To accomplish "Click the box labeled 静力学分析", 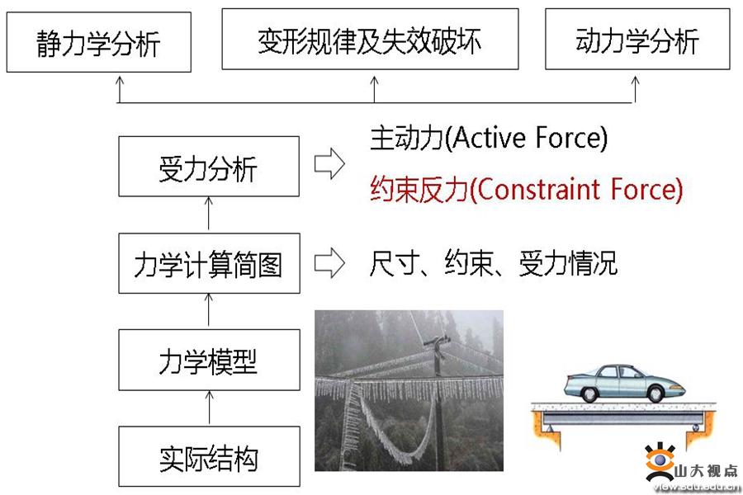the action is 98,42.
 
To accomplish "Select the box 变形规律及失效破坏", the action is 370,40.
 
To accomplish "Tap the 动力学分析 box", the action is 637,40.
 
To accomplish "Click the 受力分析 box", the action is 209,167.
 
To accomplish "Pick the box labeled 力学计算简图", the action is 209,263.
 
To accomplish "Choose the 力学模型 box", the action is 209,360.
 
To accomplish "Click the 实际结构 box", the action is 209,456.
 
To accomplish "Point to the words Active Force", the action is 530,138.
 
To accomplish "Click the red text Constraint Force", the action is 580,189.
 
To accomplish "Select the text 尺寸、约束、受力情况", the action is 494,263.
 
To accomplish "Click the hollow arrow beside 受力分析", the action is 329,164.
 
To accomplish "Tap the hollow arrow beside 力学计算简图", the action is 329,262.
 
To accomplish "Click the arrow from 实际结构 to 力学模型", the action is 209,408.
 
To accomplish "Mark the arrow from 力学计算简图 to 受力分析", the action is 209,214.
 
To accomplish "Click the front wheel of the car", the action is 656,394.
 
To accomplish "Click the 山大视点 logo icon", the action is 660,461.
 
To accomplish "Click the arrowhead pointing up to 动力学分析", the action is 635,81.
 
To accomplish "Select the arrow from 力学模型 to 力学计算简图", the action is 209,310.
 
